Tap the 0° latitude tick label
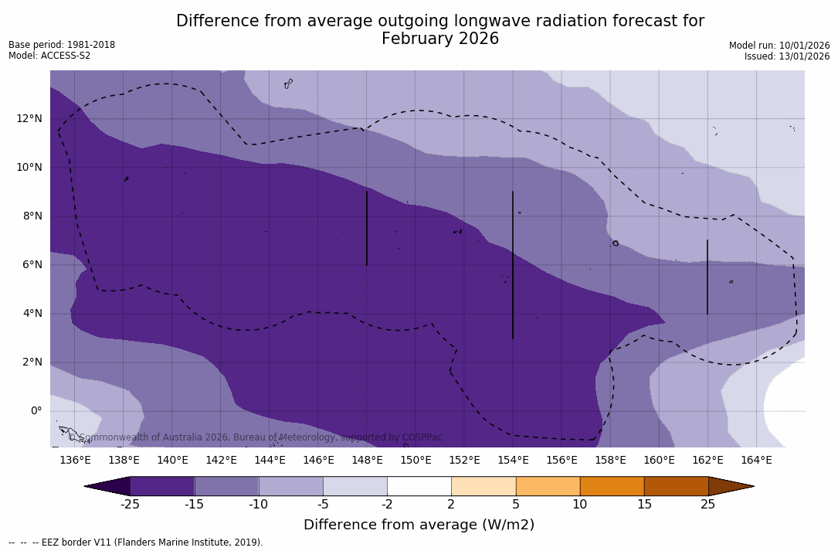[35, 411]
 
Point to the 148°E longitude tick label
[367, 460]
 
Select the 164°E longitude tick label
[756, 460]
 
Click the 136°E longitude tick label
[75, 460]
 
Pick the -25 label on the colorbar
[130, 505]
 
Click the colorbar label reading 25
[707, 505]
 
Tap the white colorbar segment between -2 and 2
[419, 486]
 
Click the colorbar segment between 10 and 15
[611, 486]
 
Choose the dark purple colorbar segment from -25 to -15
[162, 486]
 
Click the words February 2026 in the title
[440, 39]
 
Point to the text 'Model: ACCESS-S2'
[49, 56]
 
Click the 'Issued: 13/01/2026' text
[787, 56]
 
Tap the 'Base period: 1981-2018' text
[62, 45]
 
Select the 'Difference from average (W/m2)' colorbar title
[419, 525]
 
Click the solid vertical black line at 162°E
[707, 277]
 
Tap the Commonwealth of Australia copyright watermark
[255, 437]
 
